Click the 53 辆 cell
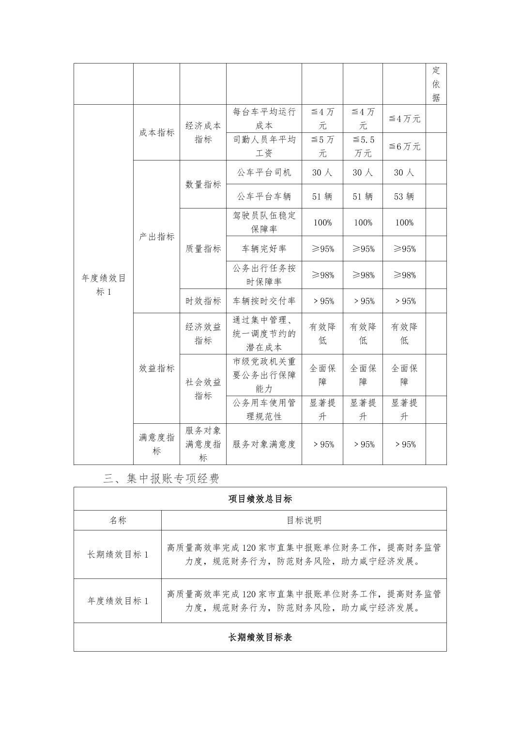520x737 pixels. click(x=404, y=196)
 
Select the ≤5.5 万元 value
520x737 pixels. click(x=363, y=146)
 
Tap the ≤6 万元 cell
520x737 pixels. click(x=404, y=146)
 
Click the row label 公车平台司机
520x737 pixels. click(x=264, y=173)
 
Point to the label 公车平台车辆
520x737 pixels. click(x=264, y=196)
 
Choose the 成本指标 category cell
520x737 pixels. click(x=156, y=132)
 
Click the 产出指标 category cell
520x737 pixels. click(x=156, y=237)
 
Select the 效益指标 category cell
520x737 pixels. click(x=156, y=368)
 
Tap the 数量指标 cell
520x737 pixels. click(x=203, y=184)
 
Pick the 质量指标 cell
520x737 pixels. click(x=203, y=249)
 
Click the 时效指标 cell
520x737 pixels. click(x=203, y=301)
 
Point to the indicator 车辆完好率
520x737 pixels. click(x=264, y=249)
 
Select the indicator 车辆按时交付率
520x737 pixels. click(x=264, y=301)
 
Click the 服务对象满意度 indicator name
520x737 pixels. click(x=264, y=444)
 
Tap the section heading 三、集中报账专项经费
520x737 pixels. click(x=161, y=479)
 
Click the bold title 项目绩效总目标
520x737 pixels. click(x=260, y=499)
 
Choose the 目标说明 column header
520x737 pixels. click(x=304, y=520)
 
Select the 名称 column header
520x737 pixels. click(x=118, y=520)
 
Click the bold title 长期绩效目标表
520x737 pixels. click(x=260, y=637)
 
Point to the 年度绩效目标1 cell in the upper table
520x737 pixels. click(x=104, y=285)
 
